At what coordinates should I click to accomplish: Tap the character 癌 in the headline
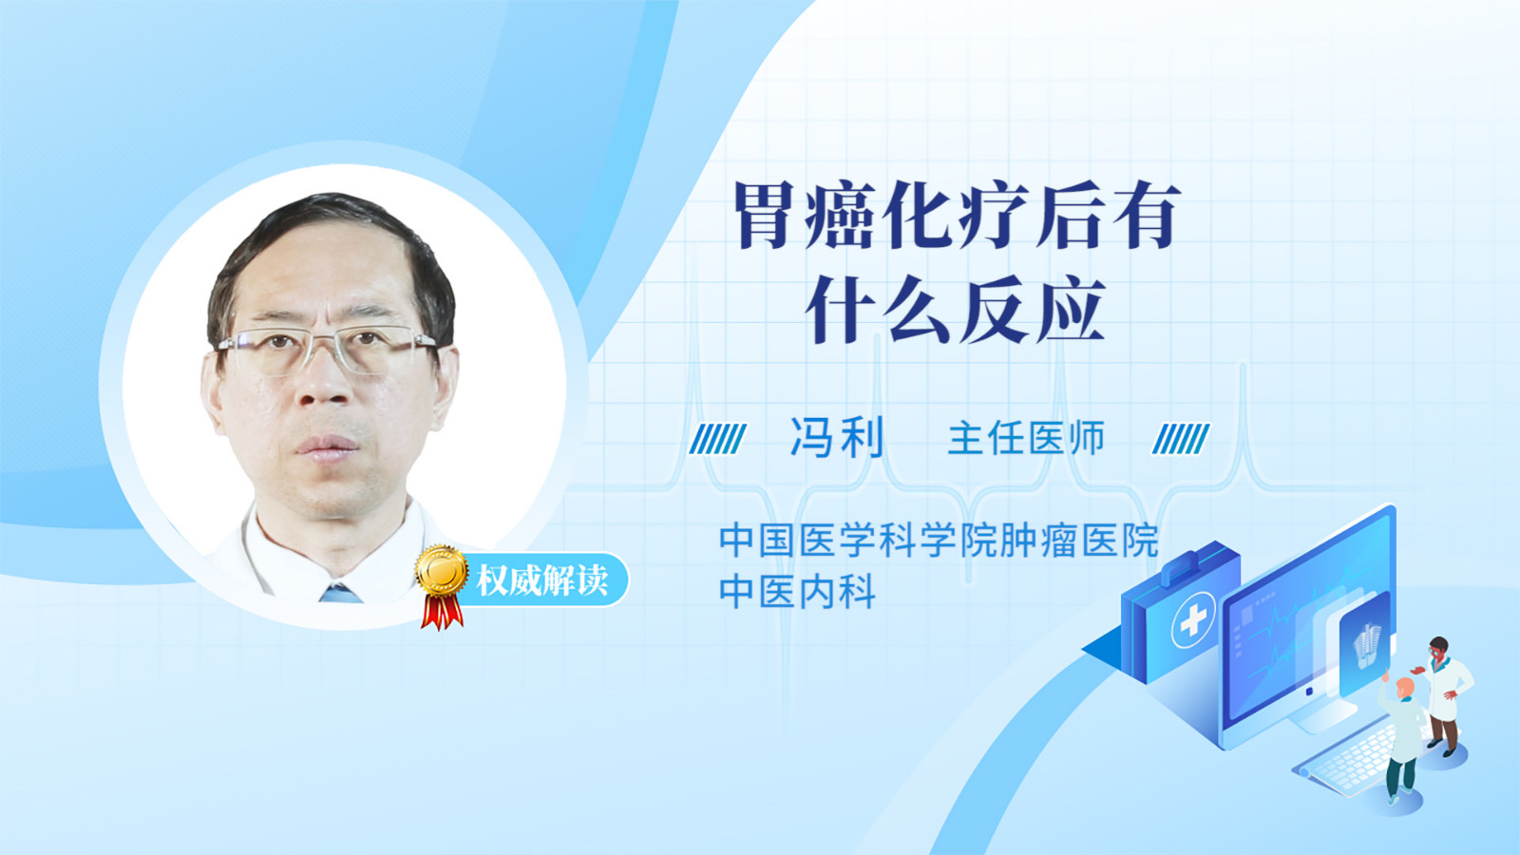tap(841, 215)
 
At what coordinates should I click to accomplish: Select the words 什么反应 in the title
tap(956, 309)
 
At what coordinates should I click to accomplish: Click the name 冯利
tap(837, 438)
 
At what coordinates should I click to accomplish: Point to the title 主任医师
tap(1027, 438)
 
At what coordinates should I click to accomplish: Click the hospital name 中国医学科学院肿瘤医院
tap(940, 540)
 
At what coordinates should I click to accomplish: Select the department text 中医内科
tap(797, 591)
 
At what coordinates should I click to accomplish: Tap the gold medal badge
tap(442, 571)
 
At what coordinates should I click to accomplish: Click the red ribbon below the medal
tap(442, 612)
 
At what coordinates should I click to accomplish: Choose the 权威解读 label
tap(542, 580)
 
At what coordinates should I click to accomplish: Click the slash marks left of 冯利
tap(718, 439)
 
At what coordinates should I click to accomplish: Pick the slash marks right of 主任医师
tap(1181, 439)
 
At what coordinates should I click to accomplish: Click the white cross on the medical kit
tap(1193, 619)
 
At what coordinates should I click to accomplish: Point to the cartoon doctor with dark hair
tap(1444, 696)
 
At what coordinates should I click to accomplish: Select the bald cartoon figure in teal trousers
tap(1401, 741)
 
